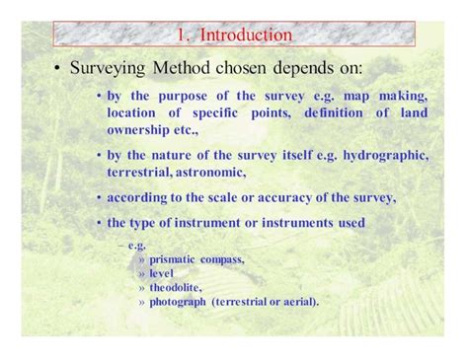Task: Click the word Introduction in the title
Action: coord(246,36)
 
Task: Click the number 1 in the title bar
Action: coord(183,36)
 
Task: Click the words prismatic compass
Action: coord(195,259)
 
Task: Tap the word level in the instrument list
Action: coord(160,273)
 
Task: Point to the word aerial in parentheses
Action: coord(297,301)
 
